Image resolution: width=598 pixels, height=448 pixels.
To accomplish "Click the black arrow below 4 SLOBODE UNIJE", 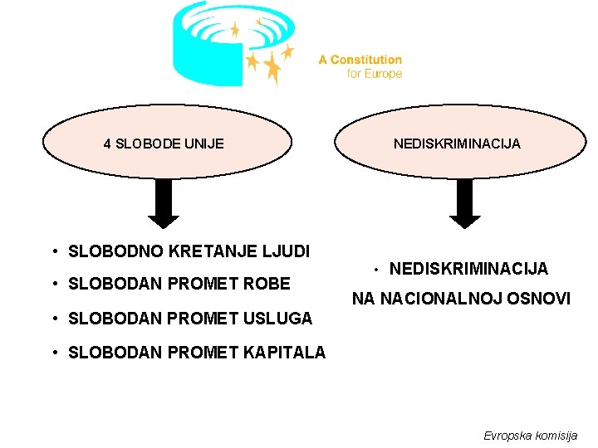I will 164,205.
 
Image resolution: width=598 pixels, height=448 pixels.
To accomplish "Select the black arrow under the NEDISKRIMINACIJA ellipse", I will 465,205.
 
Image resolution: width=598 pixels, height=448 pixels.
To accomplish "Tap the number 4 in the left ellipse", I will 107,144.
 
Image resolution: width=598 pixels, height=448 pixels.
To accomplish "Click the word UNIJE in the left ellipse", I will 207,144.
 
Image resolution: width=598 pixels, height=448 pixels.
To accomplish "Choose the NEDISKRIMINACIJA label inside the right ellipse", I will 457,144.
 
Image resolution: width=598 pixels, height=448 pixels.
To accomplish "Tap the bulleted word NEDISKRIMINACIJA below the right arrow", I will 468,269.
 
